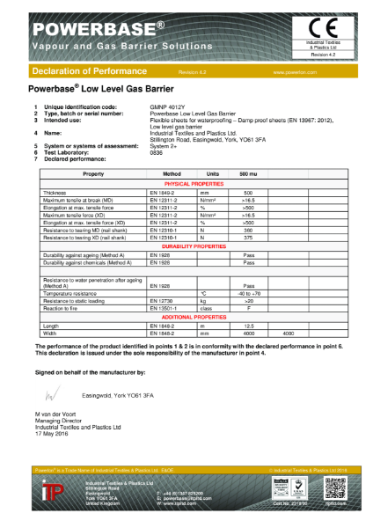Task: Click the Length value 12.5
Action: coord(248,324)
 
